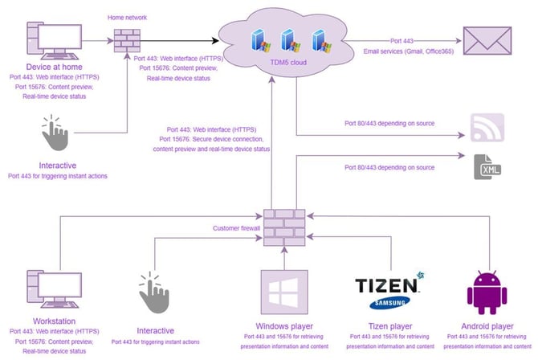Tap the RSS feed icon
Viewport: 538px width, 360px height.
[x=487, y=126]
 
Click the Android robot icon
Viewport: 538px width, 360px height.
[x=487, y=291]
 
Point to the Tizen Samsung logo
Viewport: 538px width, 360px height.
[x=386, y=291]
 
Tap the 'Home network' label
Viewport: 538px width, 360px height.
[x=128, y=16]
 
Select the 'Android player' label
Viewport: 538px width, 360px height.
[x=487, y=325]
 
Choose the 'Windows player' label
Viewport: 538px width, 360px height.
[x=285, y=325]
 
